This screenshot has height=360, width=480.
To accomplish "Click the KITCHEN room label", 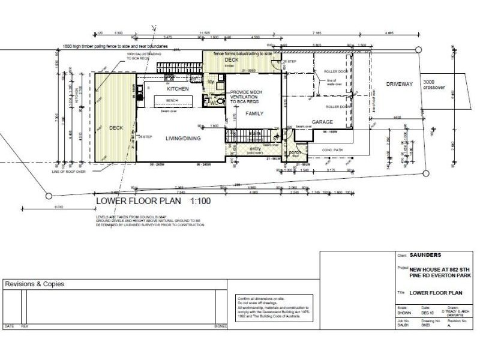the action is point(178,89).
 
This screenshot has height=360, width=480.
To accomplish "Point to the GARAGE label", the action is point(322,121).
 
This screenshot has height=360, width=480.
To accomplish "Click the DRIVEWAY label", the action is point(400,84).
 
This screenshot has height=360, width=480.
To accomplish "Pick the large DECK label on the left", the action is point(116,128).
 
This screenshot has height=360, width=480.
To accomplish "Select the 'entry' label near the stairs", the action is point(256,148).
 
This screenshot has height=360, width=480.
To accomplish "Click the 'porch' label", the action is point(294,152).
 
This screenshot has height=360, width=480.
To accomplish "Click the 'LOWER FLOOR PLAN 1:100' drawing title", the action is point(153,201).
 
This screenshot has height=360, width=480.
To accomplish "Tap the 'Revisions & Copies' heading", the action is point(34,284).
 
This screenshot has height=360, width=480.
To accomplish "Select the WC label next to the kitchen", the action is point(212,103).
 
